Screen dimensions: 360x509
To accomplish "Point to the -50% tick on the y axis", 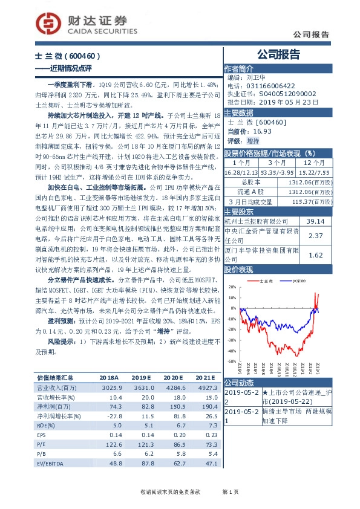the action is pyautogui.click(x=231, y=360).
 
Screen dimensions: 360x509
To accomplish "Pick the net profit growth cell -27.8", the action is pyautogui.click(x=114, y=416).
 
